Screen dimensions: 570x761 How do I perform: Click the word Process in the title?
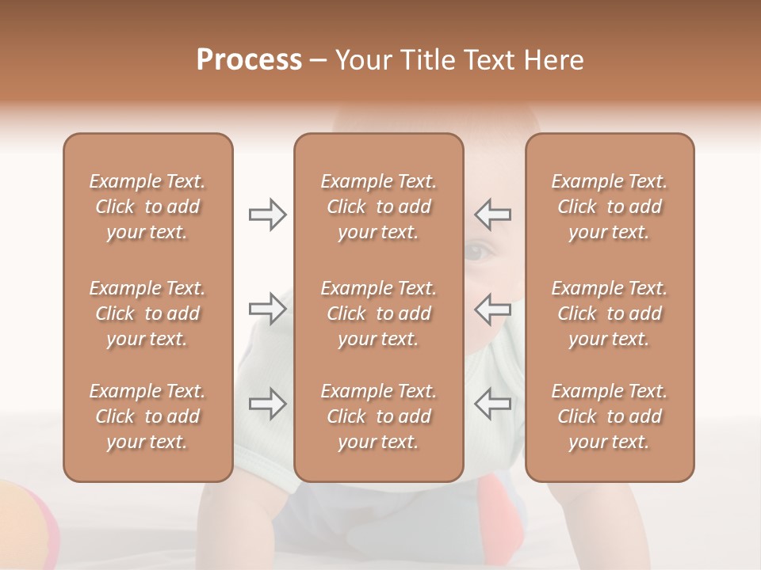pos(249,60)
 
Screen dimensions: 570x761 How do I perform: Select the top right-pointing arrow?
pos(268,215)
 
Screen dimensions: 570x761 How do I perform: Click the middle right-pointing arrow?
pos(268,309)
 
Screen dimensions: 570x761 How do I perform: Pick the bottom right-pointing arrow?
pos(268,403)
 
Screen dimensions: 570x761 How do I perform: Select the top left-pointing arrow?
pos(492,215)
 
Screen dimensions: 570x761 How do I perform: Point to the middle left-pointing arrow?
pos(492,309)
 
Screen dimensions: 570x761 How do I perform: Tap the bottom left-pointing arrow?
pos(492,403)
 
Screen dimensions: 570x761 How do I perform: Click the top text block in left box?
pos(147,207)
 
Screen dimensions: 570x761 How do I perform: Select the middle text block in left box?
pos(147,313)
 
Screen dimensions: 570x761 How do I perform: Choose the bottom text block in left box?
pos(147,416)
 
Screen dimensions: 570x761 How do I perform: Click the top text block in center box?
pos(378,207)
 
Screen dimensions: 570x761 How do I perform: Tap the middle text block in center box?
pos(378,313)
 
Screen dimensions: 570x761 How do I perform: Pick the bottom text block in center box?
pos(378,416)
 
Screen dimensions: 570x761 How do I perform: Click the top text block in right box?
pos(610,207)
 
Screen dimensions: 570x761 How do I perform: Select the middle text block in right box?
pos(610,313)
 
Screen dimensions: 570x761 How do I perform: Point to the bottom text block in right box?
pos(610,416)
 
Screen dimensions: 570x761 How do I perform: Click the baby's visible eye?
pos(478,253)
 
